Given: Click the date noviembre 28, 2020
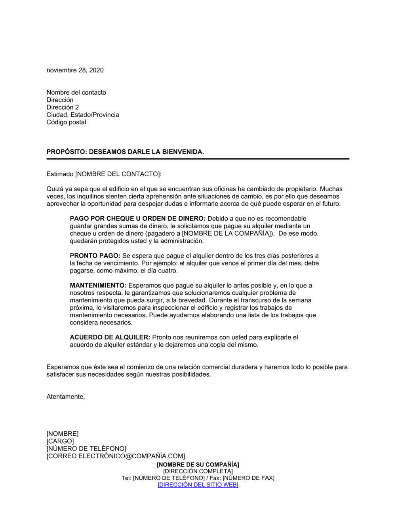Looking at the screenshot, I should coord(75,70).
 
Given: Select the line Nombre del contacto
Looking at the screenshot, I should coord(76,92).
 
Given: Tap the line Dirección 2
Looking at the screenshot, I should coord(63,107).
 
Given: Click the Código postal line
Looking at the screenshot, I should coord(66,122).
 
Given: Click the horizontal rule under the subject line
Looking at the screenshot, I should coord(198,159).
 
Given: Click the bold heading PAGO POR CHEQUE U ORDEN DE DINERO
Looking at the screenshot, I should coord(137,219).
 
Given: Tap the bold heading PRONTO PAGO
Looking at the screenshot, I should coord(95,256).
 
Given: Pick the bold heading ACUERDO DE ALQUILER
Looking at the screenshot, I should coord(110,337).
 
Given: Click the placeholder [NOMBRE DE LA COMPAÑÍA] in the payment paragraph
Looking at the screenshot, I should coord(228,233).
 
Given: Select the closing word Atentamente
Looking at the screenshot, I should coord(65,397).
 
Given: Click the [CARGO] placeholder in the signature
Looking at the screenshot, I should coord(60,441).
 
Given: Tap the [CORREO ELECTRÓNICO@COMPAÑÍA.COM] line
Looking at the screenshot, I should coord(116,456).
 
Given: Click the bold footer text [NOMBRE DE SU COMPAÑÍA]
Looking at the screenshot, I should coord(198,465).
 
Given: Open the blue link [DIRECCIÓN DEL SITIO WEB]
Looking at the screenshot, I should coord(198,485).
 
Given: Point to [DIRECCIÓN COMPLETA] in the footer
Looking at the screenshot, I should coord(198,471).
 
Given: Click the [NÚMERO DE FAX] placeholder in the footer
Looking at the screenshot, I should coord(248,478).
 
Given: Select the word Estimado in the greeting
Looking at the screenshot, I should coord(60,174).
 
